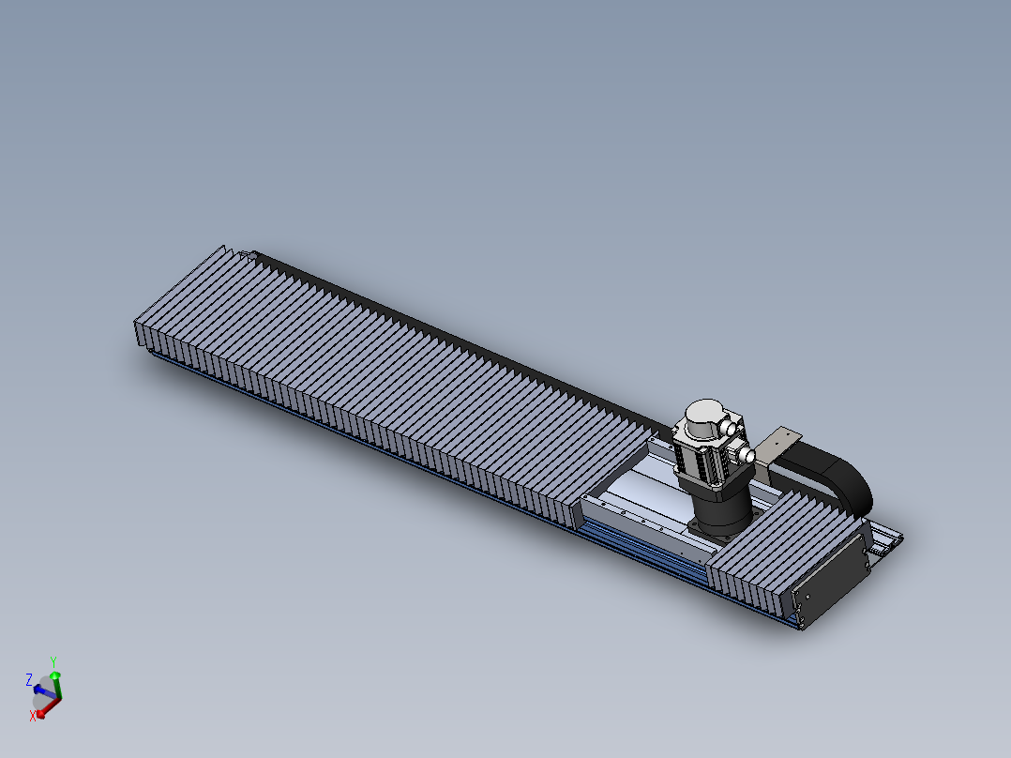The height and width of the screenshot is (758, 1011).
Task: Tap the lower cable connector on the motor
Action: click(748, 455)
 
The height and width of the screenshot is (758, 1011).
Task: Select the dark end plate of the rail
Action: click(831, 579)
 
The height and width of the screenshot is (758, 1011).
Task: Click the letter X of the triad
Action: click(33, 716)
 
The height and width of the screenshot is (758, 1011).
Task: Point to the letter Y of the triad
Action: click(53, 660)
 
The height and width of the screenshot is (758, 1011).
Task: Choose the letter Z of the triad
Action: click(29, 678)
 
